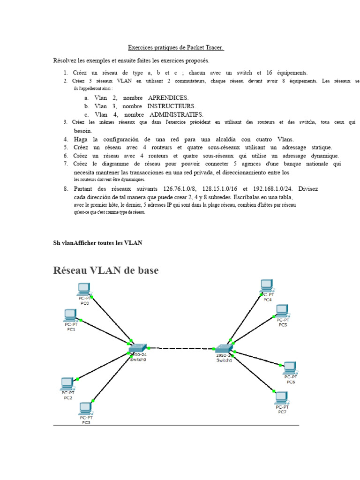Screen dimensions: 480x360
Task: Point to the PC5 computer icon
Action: click(x=282, y=311)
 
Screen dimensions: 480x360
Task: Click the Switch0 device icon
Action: click(x=138, y=348)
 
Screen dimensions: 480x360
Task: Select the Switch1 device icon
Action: click(x=224, y=349)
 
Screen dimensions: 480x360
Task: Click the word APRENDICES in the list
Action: click(x=168, y=98)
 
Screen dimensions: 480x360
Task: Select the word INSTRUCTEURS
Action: click(x=172, y=106)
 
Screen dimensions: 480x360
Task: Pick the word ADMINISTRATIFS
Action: click(x=176, y=115)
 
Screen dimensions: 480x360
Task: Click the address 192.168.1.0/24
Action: click(x=266, y=189)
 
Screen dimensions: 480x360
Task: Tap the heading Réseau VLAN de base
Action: click(x=105, y=270)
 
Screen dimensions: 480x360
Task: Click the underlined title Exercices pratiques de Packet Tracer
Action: click(x=176, y=48)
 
